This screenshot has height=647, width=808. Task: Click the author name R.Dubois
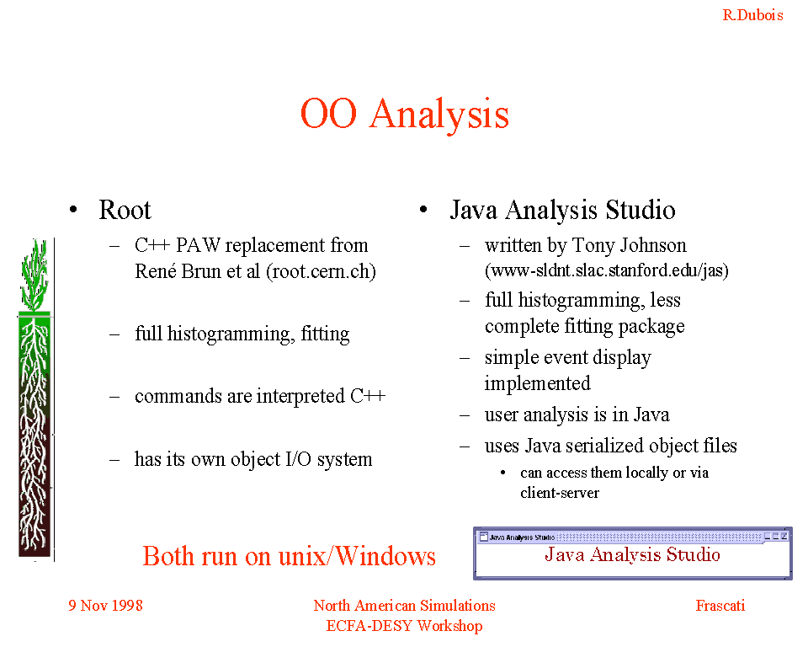click(752, 15)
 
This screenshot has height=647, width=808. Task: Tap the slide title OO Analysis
click(405, 114)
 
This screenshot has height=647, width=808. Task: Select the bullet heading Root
click(125, 210)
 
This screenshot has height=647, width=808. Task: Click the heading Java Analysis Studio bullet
click(562, 211)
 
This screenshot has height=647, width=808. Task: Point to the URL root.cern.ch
click(321, 271)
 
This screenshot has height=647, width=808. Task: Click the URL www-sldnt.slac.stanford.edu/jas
click(607, 270)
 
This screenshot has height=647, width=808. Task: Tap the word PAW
click(198, 245)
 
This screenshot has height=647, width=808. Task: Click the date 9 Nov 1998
click(106, 605)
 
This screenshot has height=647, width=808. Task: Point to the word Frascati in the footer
click(720, 605)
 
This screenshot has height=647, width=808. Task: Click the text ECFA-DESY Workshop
click(405, 625)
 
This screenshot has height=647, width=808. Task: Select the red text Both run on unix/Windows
click(289, 556)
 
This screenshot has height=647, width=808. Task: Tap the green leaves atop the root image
click(34, 275)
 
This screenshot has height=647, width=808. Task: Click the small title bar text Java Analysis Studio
click(522, 537)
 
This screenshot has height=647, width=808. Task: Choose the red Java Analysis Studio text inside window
click(632, 554)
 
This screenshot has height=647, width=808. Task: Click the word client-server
click(560, 493)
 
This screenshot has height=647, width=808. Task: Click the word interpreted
click(300, 397)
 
